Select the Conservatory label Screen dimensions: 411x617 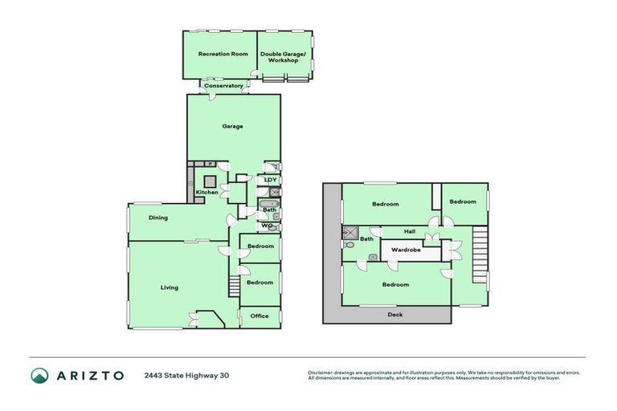(x=223, y=86)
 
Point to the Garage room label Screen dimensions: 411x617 (x=233, y=126)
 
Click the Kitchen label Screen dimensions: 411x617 (x=207, y=193)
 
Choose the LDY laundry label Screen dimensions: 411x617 (x=270, y=180)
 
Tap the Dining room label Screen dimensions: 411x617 (x=158, y=218)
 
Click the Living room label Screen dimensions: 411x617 (x=170, y=287)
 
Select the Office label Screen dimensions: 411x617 (x=259, y=316)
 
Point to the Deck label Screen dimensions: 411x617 (x=394, y=315)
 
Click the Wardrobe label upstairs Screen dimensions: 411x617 (x=406, y=250)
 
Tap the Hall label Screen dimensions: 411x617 (x=409, y=231)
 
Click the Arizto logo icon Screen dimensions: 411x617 (x=39, y=375)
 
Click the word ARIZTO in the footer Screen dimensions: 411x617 (x=89, y=375)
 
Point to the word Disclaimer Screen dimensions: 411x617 (x=323, y=372)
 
